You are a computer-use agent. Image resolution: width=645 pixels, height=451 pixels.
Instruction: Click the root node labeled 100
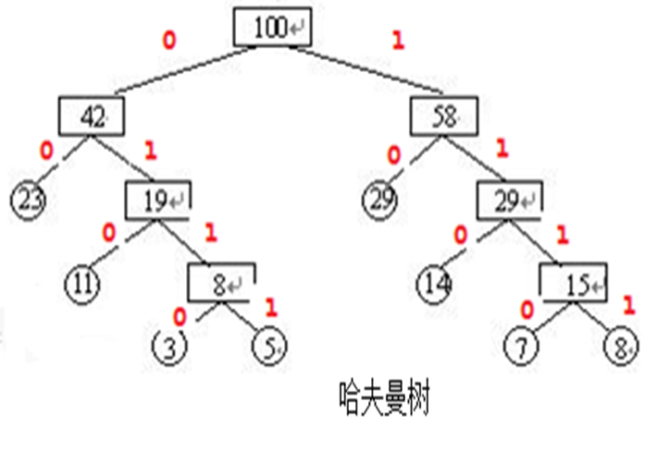pos(272,27)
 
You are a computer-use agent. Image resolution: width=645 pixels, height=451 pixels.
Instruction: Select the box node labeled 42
pos(93,116)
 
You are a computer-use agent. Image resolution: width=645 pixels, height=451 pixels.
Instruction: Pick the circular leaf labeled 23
pos(29,198)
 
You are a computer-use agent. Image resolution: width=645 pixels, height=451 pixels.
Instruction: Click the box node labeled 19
pos(158,199)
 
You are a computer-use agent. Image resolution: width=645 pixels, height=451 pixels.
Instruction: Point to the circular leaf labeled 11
pos(83,280)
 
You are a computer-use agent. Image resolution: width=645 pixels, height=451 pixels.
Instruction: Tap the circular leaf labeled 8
pos(617,347)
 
